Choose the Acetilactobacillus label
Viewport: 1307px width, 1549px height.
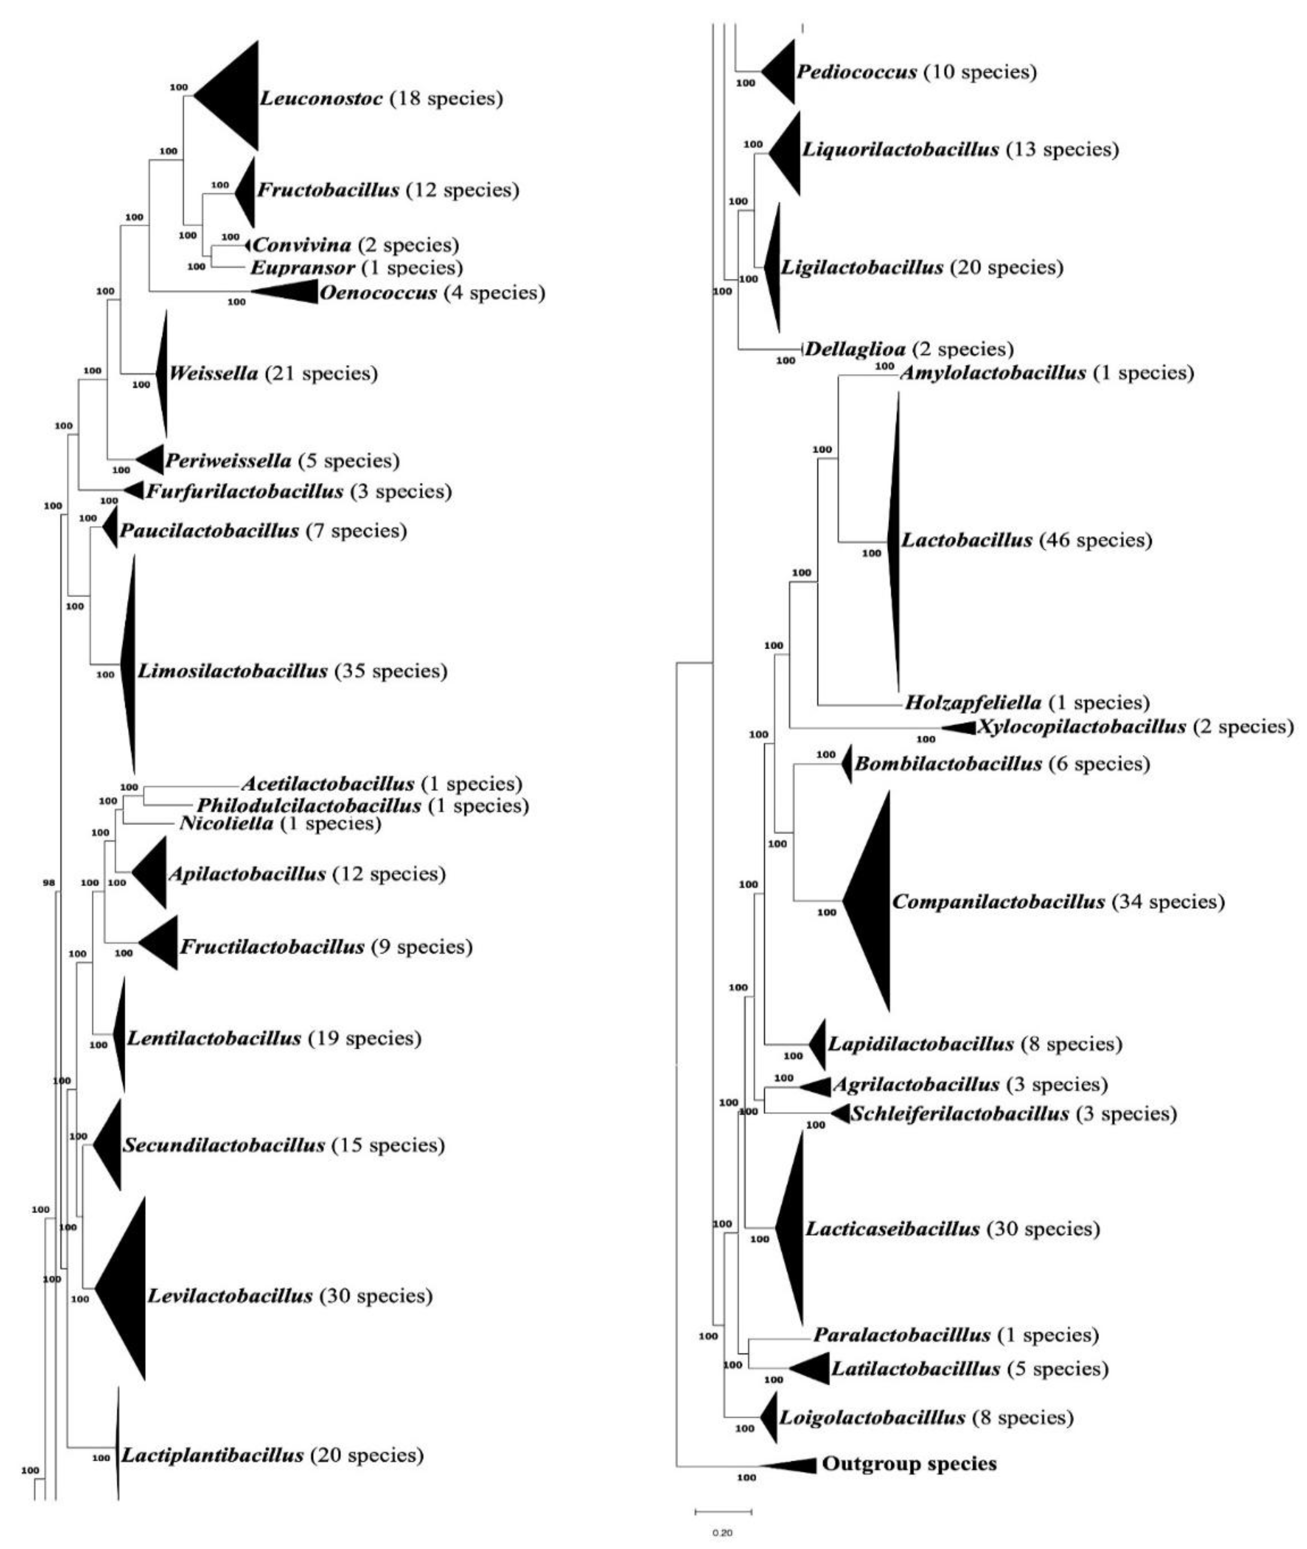click(x=328, y=783)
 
